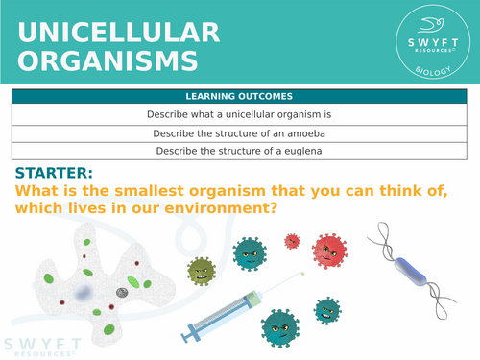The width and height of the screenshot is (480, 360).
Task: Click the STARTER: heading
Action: pos(54,174)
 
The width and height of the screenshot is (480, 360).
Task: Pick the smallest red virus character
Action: pos(291,239)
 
